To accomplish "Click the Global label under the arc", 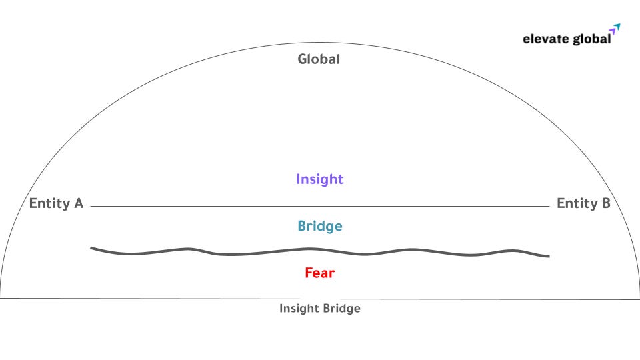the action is [x=319, y=59].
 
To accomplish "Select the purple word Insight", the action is [x=319, y=179].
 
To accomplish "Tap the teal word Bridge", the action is [x=319, y=226].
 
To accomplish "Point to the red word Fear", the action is [x=319, y=273].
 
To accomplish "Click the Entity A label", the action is [x=56, y=204].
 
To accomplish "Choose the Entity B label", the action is [x=583, y=204].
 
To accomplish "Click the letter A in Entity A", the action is [x=78, y=204].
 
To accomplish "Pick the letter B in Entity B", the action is [x=605, y=204].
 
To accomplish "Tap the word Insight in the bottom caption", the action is [x=299, y=309].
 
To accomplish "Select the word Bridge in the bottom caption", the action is [x=341, y=309].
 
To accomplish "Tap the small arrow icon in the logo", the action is [x=615, y=29].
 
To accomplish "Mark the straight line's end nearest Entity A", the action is [x=91, y=207].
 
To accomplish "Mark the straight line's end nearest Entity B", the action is [x=549, y=207].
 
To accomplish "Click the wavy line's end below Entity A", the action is [x=91, y=248].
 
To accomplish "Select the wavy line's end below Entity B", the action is [x=549, y=256].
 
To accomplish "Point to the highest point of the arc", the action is [x=320, y=43].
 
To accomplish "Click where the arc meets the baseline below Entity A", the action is [x=1, y=297].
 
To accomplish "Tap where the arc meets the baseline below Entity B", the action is [x=639, y=298].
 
